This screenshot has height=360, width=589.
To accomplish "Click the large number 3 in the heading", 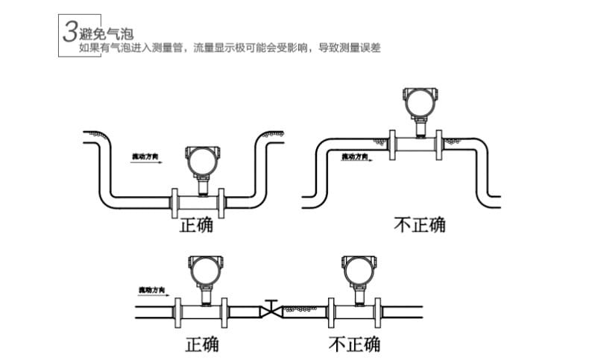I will pos(69,32).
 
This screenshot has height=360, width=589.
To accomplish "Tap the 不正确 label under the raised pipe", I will pos(420,224).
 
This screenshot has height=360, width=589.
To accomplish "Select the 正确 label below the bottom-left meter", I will pos(202,344).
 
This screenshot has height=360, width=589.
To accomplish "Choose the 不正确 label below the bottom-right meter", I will pos(354,344).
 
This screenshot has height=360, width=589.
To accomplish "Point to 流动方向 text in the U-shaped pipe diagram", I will pos(145,157).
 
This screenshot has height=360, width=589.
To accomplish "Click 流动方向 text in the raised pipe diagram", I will pos(355,157).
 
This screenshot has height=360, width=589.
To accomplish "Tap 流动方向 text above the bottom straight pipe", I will pos(151,289).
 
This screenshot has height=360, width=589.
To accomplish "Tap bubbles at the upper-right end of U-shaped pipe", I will pos(274,133).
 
